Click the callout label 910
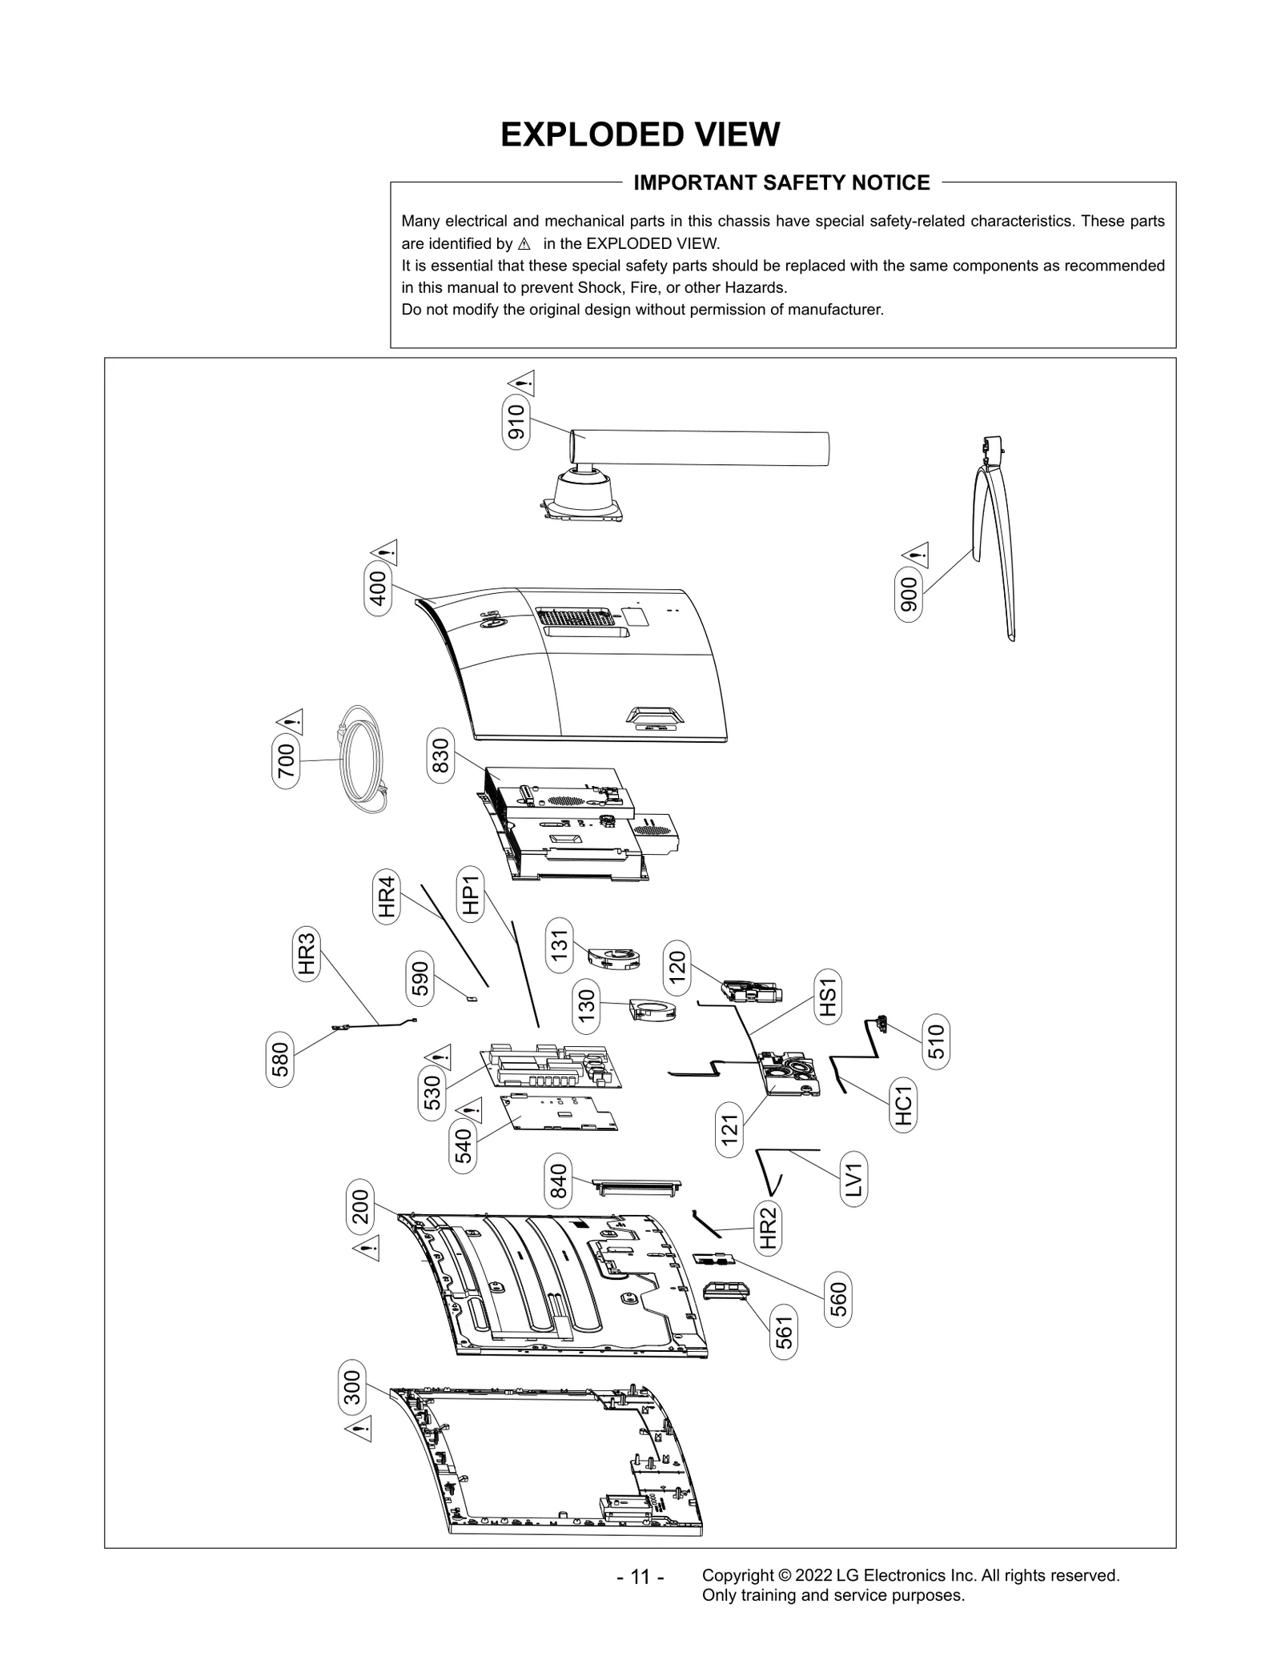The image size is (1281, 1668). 516,423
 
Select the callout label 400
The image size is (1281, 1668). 378,588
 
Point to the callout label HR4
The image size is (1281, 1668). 387,897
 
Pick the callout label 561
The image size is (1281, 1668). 785,1333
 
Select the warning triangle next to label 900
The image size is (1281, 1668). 915,554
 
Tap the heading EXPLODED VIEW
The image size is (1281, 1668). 640,134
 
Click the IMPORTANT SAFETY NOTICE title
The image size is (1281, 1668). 781,183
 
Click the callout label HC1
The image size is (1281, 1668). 904,1105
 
